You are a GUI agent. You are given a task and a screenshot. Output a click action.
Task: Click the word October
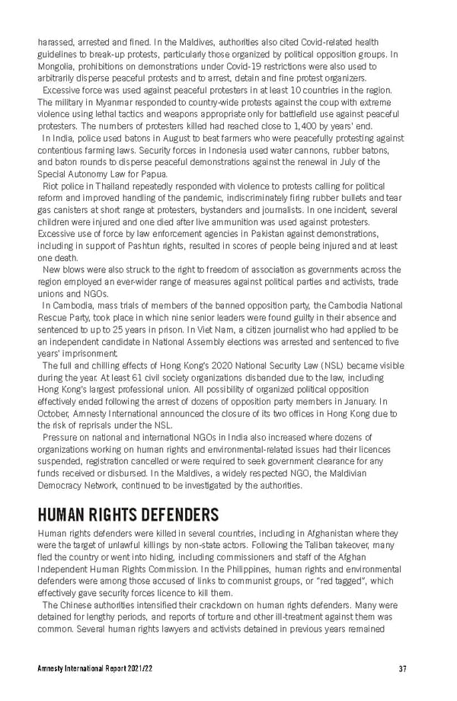click(x=54, y=413)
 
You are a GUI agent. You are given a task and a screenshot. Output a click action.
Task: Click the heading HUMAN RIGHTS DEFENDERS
click(x=128, y=515)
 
